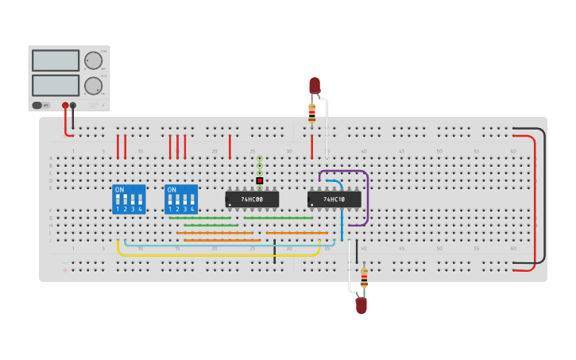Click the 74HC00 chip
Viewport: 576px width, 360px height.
pyautogui.click(x=252, y=199)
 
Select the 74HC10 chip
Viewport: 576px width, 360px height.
pyautogui.click(x=334, y=199)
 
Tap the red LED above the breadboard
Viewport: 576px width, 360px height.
pyautogui.click(x=315, y=84)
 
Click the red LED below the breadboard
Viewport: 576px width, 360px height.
pyautogui.click(x=361, y=304)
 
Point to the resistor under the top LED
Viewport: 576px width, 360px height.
pyautogui.click(x=312, y=113)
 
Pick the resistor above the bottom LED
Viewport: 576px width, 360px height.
pyautogui.click(x=364, y=278)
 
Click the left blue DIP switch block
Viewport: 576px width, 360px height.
pyautogui.click(x=129, y=199)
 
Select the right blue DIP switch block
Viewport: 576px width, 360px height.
pyautogui.click(x=181, y=199)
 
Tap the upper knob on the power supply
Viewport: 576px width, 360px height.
pyautogui.click(x=94, y=60)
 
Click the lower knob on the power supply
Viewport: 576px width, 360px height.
pyautogui.click(x=94, y=86)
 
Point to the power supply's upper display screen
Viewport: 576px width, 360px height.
pyautogui.click(x=56, y=60)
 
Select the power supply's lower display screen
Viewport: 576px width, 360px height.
pyautogui.click(x=56, y=85)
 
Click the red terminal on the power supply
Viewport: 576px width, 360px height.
pyautogui.click(x=65, y=105)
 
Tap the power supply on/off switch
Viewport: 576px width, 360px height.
pyautogui.click(x=37, y=105)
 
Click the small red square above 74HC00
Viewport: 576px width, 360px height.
pyautogui.click(x=260, y=180)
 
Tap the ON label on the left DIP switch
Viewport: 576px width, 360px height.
pyautogui.click(x=119, y=190)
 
